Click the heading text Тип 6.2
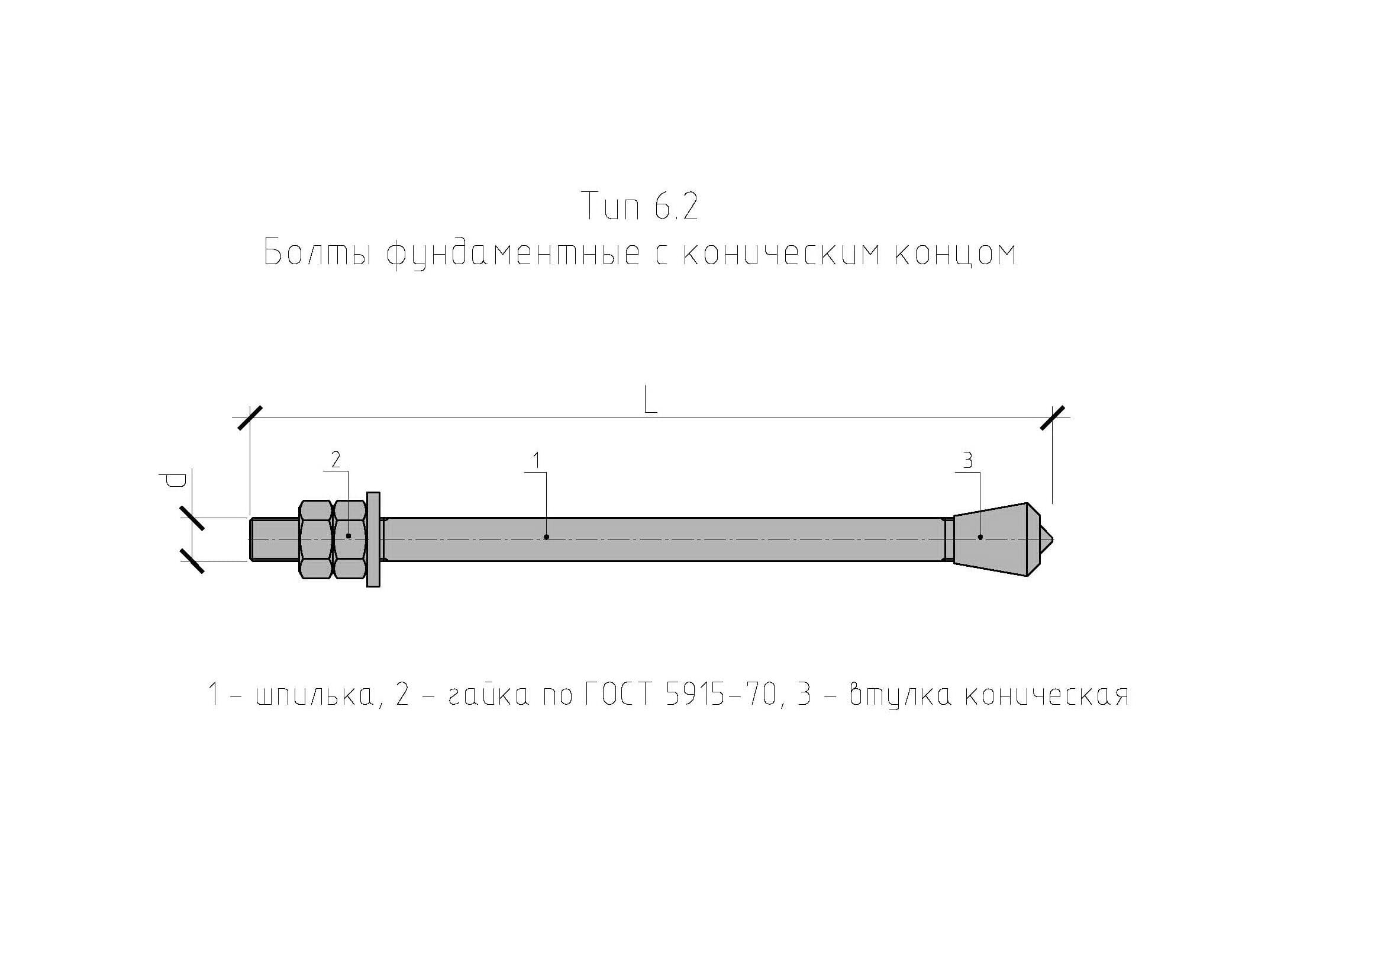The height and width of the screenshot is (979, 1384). tap(640, 206)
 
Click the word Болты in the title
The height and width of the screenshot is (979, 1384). tap(317, 253)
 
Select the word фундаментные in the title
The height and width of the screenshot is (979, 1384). tap(513, 254)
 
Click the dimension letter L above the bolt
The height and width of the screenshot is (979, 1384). tap(649, 400)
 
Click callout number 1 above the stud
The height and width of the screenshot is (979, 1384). tap(536, 461)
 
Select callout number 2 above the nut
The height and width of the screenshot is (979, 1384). tap(335, 460)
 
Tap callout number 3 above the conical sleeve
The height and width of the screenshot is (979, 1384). tap(967, 461)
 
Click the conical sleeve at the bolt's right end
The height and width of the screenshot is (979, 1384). tap(992, 539)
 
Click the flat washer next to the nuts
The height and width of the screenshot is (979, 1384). tap(373, 539)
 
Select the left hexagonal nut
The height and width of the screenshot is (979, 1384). tap(315, 539)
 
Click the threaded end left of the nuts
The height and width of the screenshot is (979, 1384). tap(273, 539)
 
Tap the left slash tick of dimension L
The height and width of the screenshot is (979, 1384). tap(250, 418)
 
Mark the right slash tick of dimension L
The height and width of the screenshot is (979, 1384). tap(1053, 418)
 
